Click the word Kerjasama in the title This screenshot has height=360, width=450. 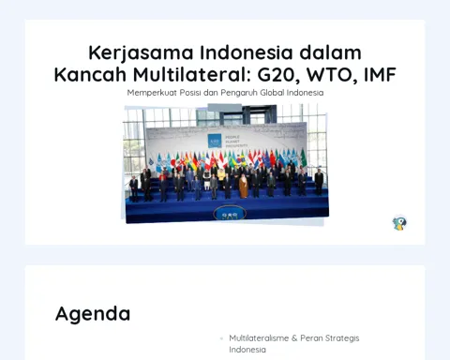tap(141, 53)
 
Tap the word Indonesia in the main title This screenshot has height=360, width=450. tap(247, 52)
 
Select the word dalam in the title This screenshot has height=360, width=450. tap(330, 52)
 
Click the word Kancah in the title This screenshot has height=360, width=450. tap(90, 74)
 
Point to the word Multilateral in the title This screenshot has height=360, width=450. tap(192, 74)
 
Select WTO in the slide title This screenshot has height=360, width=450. tap(332, 75)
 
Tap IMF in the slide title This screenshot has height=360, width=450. tap(381, 74)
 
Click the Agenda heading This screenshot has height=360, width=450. tap(93, 314)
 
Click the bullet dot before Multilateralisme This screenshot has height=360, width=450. tap(221, 338)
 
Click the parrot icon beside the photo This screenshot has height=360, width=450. tap(399, 223)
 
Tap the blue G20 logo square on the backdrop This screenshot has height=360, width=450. tap(215, 141)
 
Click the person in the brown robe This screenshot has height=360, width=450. tap(244, 187)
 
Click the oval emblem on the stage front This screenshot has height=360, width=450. tap(230, 214)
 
